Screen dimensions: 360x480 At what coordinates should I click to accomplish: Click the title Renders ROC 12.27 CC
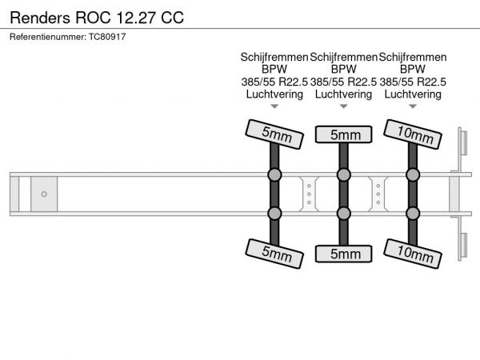pyautogui.click(x=97, y=17)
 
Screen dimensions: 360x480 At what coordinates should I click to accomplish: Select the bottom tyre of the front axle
pyautogui.click(x=274, y=254)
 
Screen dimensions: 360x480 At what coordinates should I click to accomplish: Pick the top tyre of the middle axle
pyautogui.click(x=344, y=134)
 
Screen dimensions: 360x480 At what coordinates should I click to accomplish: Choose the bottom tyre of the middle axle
pyautogui.click(x=344, y=254)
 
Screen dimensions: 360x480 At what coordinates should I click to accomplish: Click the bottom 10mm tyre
pyautogui.click(x=413, y=254)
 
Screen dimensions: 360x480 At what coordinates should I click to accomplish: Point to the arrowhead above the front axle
pyautogui.click(x=274, y=106)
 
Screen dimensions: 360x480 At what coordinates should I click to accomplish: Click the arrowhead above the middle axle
pyautogui.click(x=344, y=106)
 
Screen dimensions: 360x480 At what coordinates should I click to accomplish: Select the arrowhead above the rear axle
pyautogui.click(x=413, y=106)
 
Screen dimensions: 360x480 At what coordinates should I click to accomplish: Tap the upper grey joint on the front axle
pyautogui.click(x=274, y=174)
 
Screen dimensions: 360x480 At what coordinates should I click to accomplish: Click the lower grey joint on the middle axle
pyautogui.click(x=344, y=213)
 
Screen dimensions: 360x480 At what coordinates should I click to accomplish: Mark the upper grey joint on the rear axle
pyautogui.click(x=413, y=174)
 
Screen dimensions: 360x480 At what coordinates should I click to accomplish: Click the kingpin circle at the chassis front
pyautogui.click(x=44, y=194)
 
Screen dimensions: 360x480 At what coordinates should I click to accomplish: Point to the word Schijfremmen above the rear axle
pyautogui.click(x=413, y=57)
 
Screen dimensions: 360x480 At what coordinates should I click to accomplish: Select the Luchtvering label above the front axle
pyautogui.click(x=274, y=94)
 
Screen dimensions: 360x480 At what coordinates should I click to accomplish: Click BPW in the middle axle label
pyautogui.click(x=344, y=70)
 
